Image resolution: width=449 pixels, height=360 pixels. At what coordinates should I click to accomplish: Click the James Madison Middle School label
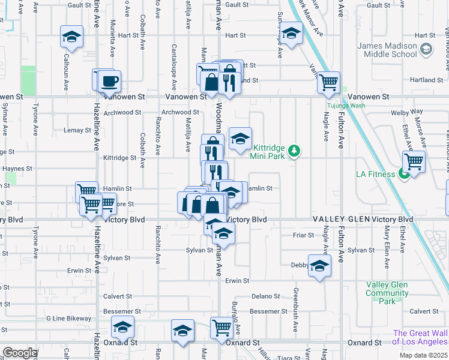tap(387, 50)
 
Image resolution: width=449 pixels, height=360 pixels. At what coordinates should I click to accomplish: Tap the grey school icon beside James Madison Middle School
tap(426, 49)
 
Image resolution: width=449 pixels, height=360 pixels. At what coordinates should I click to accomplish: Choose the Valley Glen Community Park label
tap(387, 293)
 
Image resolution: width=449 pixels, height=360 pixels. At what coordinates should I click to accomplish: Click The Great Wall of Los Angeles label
tap(421, 338)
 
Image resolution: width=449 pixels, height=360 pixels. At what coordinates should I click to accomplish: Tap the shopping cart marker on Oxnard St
tap(221, 328)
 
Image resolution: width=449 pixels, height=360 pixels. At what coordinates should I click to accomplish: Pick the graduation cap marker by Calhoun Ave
tap(71, 37)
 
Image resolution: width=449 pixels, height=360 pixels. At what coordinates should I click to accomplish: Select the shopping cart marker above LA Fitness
tap(414, 161)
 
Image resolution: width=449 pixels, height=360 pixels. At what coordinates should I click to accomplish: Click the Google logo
tap(19, 353)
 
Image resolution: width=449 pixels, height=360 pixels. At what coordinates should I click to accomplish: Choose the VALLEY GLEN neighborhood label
tap(340, 220)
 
